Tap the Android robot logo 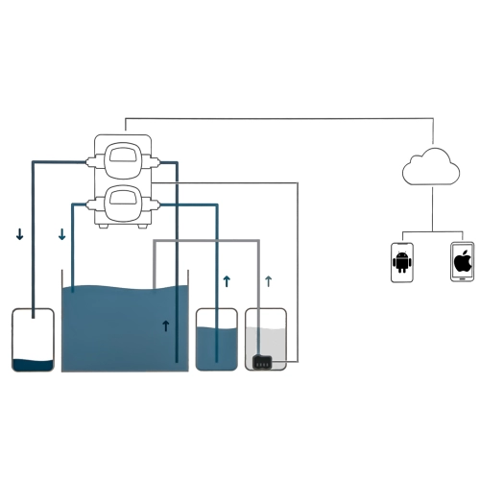point(401,261)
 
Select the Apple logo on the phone point(462,261)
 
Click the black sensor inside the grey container point(262,362)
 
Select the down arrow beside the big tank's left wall point(62,234)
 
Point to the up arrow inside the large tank point(166,326)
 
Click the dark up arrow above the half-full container point(227,281)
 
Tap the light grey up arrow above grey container point(268,281)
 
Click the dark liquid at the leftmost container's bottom point(33,364)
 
